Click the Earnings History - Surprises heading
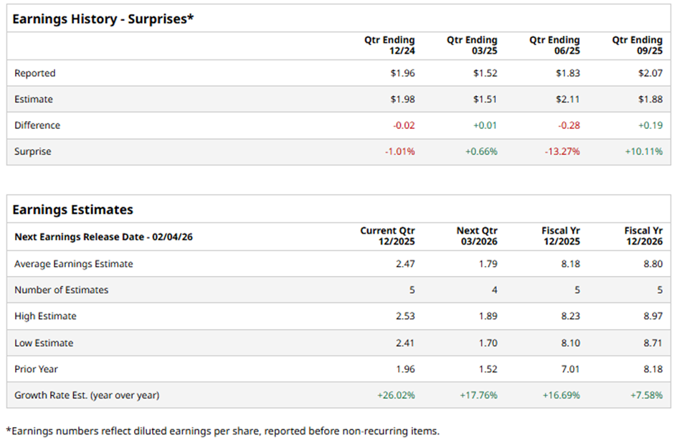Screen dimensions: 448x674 103,18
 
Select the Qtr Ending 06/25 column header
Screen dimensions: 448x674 554,46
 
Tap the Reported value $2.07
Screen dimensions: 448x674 649,73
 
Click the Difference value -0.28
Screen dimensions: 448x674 569,125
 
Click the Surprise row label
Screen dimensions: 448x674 33,152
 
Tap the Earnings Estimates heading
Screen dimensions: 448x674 73,210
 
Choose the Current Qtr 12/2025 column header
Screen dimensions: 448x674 387,237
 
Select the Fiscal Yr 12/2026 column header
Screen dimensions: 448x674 643,237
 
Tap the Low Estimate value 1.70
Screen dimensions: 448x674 488,343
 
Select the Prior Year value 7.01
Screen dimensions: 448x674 571,369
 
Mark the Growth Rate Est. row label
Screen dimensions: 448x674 87,395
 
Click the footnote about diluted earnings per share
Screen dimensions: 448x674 222,431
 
